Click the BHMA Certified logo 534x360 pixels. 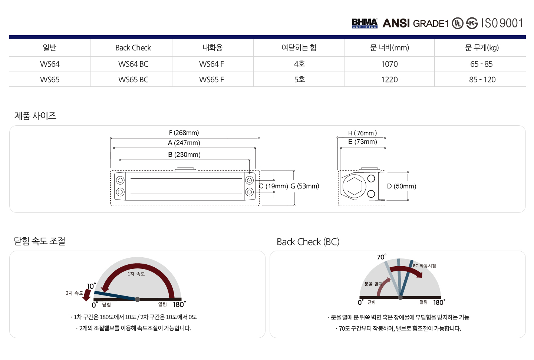click(365, 23)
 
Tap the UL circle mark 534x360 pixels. click(458, 23)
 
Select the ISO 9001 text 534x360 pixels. click(502, 23)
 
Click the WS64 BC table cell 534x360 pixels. click(133, 64)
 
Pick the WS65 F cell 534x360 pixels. click(211, 80)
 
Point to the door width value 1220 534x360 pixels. click(389, 80)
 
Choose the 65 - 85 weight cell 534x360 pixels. click(481, 64)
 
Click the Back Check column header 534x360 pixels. click(133, 48)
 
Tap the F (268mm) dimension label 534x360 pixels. click(184, 133)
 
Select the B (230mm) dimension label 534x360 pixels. click(184, 155)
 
